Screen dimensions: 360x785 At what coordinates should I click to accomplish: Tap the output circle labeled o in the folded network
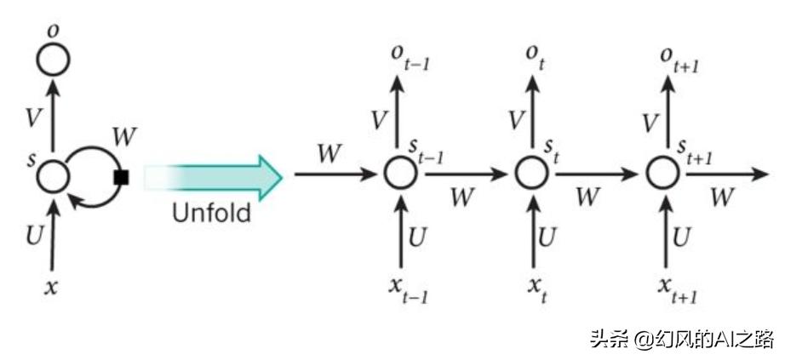click(x=53, y=60)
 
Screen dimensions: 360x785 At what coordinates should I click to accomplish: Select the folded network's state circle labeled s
click(x=53, y=176)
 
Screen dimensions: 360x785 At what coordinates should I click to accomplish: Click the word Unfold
click(x=211, y=213)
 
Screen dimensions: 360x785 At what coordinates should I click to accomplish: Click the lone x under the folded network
click(x=52, y=287)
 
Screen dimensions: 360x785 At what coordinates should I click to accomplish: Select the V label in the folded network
click(x=32, y=118)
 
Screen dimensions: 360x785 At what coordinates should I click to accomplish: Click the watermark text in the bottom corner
click(x=681, y=340)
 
